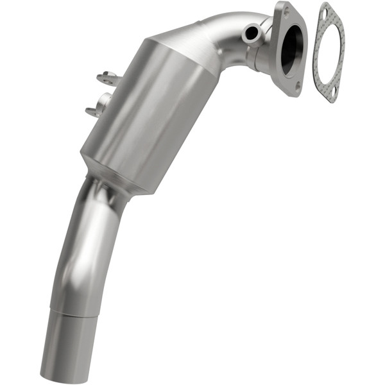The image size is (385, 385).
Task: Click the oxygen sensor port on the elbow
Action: pyautogui.click(x=252, y=32)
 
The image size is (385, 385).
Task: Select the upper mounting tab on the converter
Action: pyautogui.click(x=109, y=79)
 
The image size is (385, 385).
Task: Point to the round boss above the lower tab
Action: pyautogui.click(x=103, y=100)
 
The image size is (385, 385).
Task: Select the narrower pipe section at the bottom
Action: pyautogui.click(x=65, y=346)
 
